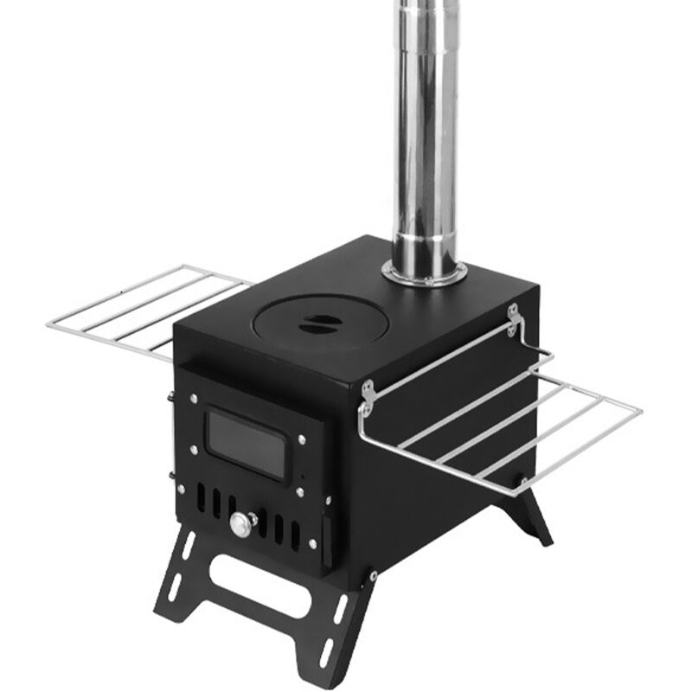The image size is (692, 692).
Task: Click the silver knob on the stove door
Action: pyautogui.click(x=240, y=523)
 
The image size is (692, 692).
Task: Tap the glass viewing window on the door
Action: pyautogui.click(x=246, y=444)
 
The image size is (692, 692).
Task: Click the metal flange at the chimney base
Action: pyautogui.click(x=424, y=273)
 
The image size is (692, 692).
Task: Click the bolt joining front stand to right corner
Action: pyautogui.click(x=372, y=574)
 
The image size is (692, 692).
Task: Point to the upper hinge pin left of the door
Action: pyautogui.click(x=170, y=399)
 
